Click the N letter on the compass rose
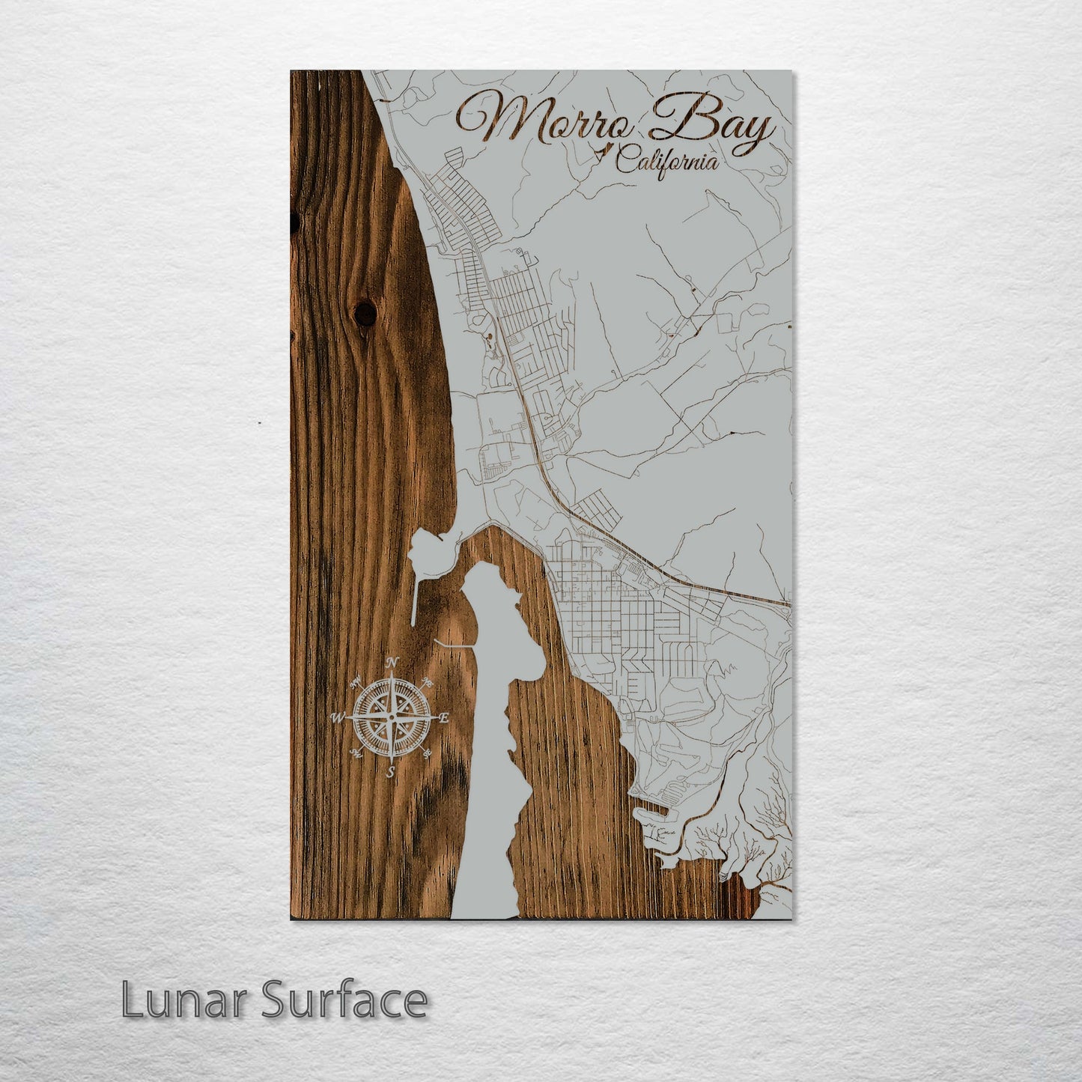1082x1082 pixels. click(x=392, y=661)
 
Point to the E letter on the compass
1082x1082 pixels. click(x=443, y=717)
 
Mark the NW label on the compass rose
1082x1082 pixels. click(x=355, y=681)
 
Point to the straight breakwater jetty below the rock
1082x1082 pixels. click(x=414, y=599)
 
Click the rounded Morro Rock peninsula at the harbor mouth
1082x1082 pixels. click(x=430, y=550)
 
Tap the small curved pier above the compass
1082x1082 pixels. click(x=453, y=644)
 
